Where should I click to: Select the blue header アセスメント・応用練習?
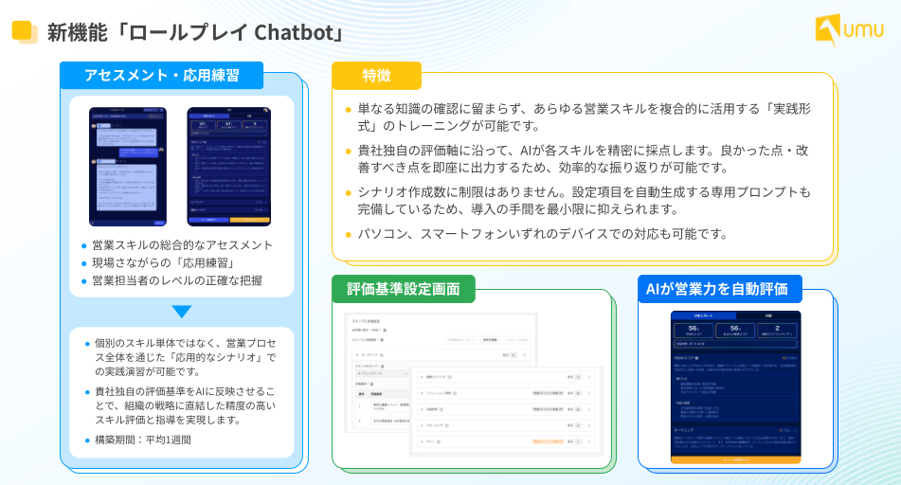[161, 75]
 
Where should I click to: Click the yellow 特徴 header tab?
[376, 76]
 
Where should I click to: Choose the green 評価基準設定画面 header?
[404, 289]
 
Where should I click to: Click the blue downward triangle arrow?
[182, 312]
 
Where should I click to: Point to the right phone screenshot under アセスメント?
[229, 167]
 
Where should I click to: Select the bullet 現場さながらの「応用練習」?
[162, 262]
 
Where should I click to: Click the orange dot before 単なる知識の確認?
[349, 109]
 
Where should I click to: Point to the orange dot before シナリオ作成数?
[349, 192]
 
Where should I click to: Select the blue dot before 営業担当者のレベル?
[84, 281]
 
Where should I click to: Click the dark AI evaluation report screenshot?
[735, 386]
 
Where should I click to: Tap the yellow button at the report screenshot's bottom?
[735, 459]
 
